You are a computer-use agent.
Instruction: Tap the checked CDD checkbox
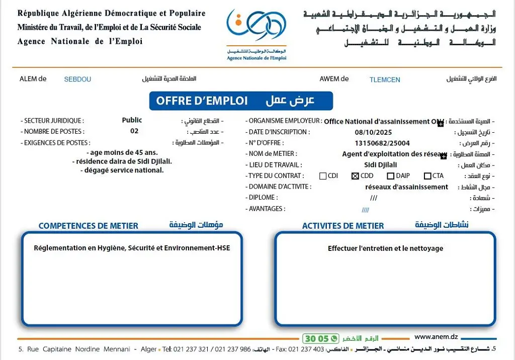355,176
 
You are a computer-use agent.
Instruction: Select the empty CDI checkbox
323,176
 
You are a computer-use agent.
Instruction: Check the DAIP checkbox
390,176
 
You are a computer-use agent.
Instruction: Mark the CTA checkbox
427,176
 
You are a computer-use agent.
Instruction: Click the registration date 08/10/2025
373,132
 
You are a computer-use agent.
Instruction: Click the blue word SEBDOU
77,79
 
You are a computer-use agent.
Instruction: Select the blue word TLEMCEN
385,79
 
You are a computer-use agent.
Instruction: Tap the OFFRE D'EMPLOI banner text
202,101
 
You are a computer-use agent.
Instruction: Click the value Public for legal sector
132,120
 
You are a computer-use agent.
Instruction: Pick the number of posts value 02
134,131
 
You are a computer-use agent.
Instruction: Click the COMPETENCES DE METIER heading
88,226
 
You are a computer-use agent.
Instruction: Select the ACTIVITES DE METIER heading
342,226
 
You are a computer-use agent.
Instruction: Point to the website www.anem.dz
436,337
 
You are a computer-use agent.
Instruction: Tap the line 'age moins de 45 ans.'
124,152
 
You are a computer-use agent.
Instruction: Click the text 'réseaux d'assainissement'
406,187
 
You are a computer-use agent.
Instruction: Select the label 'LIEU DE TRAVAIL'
275,165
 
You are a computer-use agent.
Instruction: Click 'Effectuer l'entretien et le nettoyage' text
385,248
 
